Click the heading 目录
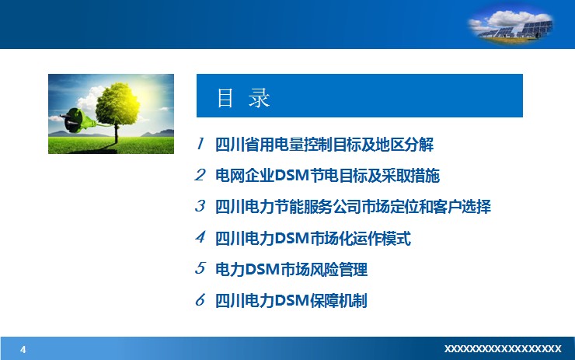point(243,98)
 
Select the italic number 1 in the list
point(200,143)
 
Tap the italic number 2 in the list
point(200,175)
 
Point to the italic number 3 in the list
point(200,206)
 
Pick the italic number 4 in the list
point(200,237)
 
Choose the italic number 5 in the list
point(200,268)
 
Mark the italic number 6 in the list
point(200,300)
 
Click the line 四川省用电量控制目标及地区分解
point(324,144)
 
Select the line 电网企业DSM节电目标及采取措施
point(327,176)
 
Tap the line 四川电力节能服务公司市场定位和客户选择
point(353,207)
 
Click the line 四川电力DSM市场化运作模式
point(313,238)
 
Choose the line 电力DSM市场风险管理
point(291,269)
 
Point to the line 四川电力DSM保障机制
point(291,301)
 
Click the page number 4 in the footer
point(23,349)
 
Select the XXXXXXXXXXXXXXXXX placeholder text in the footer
point(503,348)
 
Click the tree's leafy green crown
point(117,103)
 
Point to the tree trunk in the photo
point(117,134)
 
